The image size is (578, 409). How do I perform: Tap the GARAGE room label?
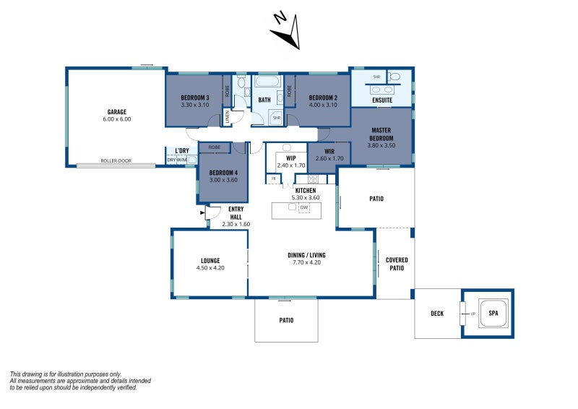[x=118, y=112]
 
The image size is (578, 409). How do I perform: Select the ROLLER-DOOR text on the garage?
[x=116, y=160]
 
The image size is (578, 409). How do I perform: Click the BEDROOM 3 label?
[x=194, y=98]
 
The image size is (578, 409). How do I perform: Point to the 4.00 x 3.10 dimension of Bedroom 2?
[x=323, y=106]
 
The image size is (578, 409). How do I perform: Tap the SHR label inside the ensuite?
[x=376, y=76]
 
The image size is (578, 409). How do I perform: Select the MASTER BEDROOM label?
[x=381, y=134]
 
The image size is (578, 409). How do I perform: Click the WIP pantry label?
[x=291, y=158]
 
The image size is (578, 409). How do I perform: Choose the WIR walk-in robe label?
[x=329, y=151]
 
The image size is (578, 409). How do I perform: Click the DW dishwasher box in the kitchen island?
[x=303, y=207]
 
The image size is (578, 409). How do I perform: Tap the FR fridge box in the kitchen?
[x=273, y=178]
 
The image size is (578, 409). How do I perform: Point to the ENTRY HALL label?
[x=236, y=212]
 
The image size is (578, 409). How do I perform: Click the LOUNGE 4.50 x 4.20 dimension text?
[x=211, y=268]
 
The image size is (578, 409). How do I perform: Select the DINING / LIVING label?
[x=307, y=254]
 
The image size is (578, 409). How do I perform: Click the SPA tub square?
[x=493, y=313]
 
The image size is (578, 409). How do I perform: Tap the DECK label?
[x=437, y=313]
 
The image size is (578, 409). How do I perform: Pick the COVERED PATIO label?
[x=396, y=264]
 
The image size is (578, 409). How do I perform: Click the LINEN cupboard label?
[x=226, y=116]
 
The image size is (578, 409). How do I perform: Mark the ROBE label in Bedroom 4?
[x=214, y=147]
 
